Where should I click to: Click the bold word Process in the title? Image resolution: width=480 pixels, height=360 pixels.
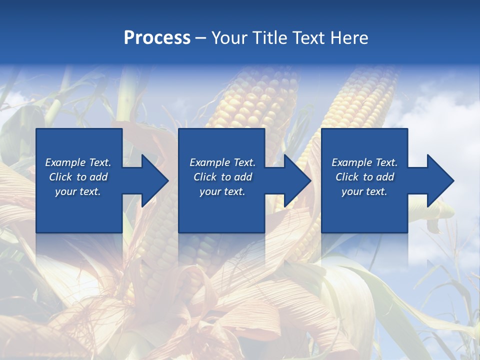(157, 37)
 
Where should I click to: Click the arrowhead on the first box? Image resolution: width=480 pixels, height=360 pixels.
(155, 180)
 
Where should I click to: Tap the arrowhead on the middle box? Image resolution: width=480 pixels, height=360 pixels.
(297, 180)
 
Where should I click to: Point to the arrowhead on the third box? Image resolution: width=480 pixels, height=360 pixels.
(440, 180)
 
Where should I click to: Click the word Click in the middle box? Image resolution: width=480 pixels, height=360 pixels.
(205, 177)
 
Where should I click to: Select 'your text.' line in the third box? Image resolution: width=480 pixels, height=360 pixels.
(364, 191)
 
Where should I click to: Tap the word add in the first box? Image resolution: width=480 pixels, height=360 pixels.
(98, 177)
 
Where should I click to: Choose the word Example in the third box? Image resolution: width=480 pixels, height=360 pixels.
(348, 162)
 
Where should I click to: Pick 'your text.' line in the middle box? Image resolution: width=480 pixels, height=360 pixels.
(222, 191)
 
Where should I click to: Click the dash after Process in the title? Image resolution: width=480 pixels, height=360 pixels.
(200, 38)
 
